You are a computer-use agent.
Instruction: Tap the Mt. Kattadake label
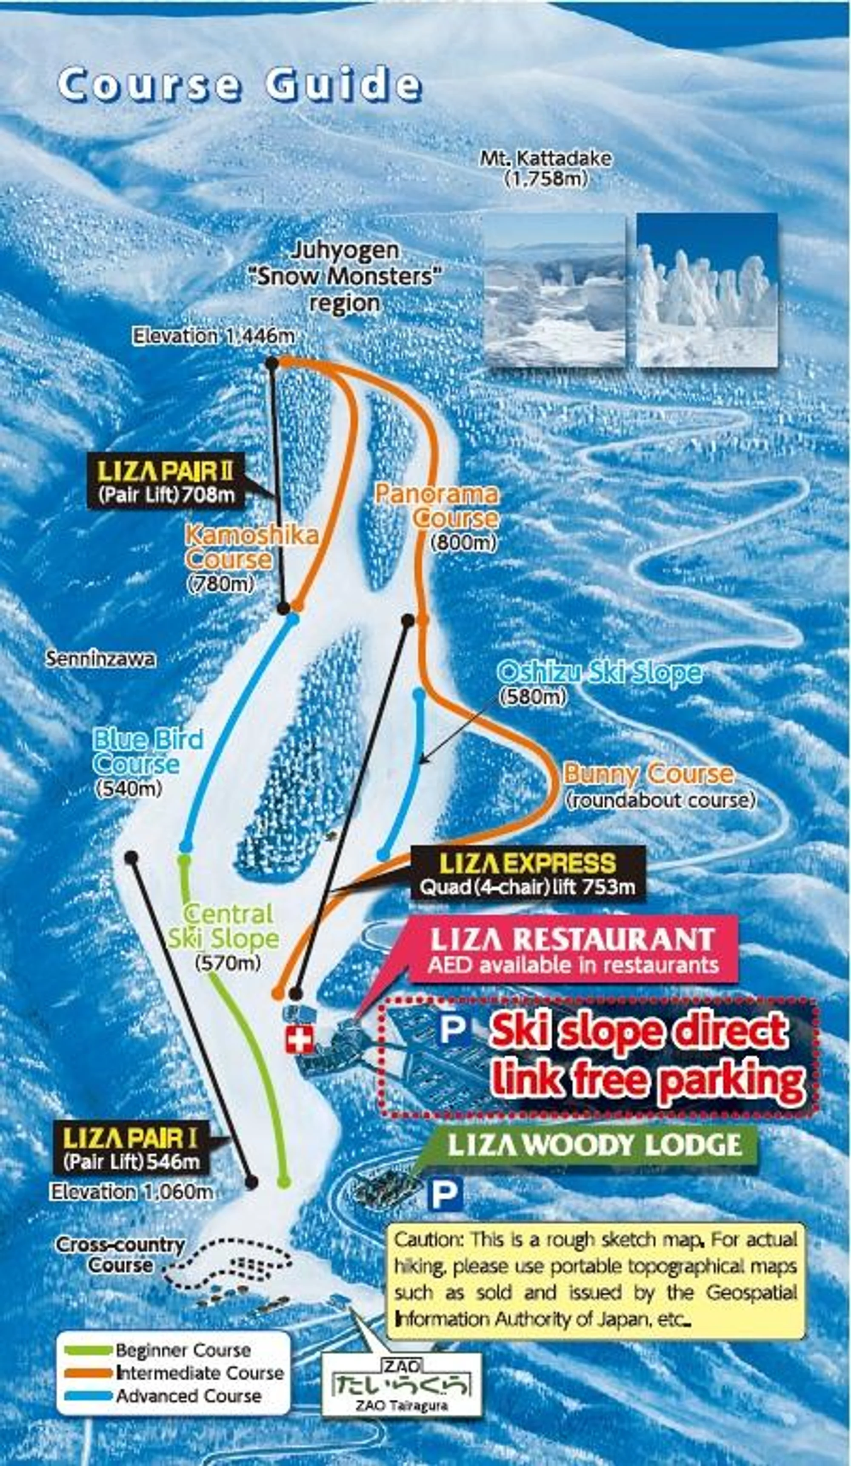(545, 168)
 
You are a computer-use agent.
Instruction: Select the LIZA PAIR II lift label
(166, 481)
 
